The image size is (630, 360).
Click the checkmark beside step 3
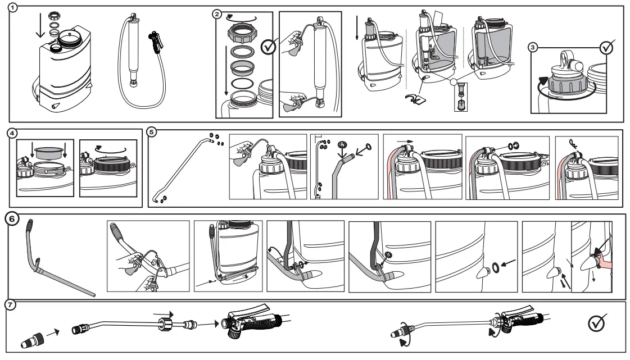606,47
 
